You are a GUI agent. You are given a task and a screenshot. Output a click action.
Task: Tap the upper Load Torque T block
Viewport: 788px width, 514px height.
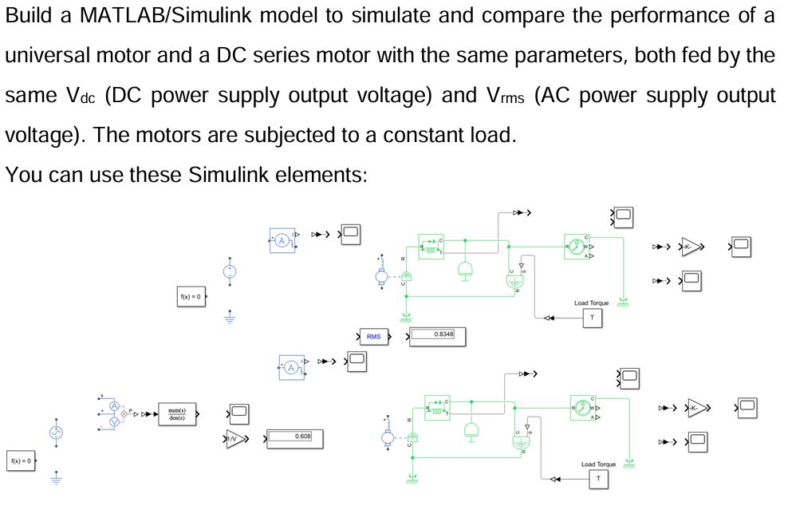[592, 318]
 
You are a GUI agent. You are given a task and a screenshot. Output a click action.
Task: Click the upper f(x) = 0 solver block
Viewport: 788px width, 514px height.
[190, 298]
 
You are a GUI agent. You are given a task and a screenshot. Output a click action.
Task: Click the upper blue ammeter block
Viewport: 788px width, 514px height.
[282, 239]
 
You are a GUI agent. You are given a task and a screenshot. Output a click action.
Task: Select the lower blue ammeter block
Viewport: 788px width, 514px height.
[293, 367]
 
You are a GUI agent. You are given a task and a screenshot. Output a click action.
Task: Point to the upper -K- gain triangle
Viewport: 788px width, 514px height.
[692, 247]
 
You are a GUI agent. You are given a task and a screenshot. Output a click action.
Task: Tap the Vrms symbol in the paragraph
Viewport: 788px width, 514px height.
[500, 96]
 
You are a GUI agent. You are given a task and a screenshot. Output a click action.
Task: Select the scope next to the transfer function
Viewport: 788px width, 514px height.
[238, 413]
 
